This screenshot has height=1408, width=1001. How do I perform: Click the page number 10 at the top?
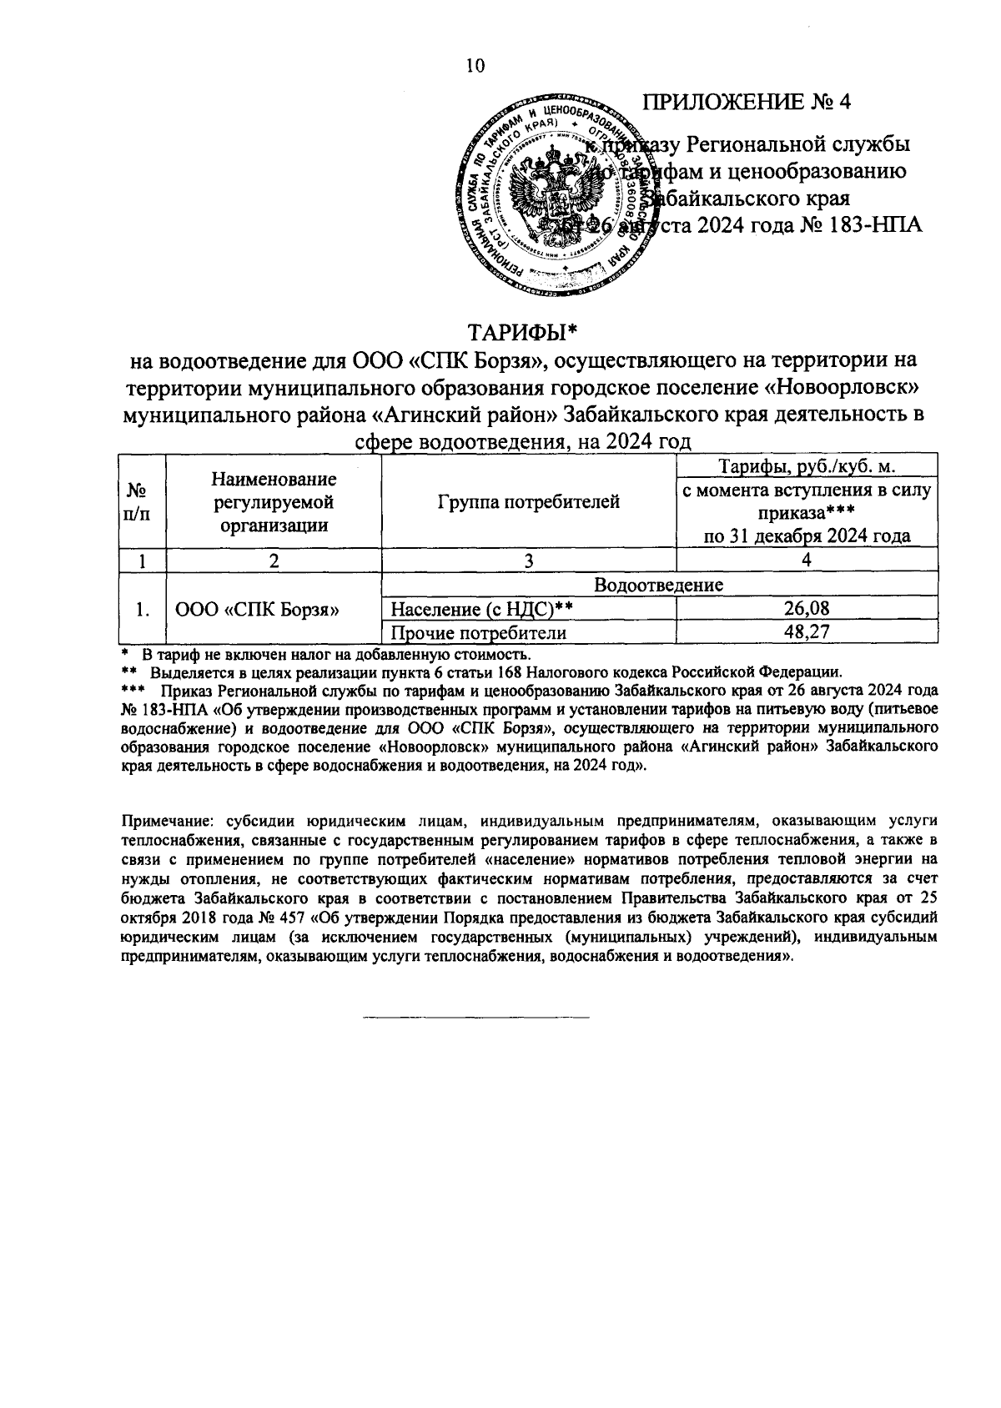tap(475, 67)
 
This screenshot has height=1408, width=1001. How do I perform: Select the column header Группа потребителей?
tap(527, 502)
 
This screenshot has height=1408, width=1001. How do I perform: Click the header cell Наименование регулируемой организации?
tap(274, 502)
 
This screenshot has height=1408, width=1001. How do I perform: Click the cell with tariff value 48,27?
tap(807, 632)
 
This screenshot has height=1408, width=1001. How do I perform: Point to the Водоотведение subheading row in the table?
tap(658, 586)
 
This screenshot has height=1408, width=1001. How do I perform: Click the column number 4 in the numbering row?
tap(807, 561)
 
